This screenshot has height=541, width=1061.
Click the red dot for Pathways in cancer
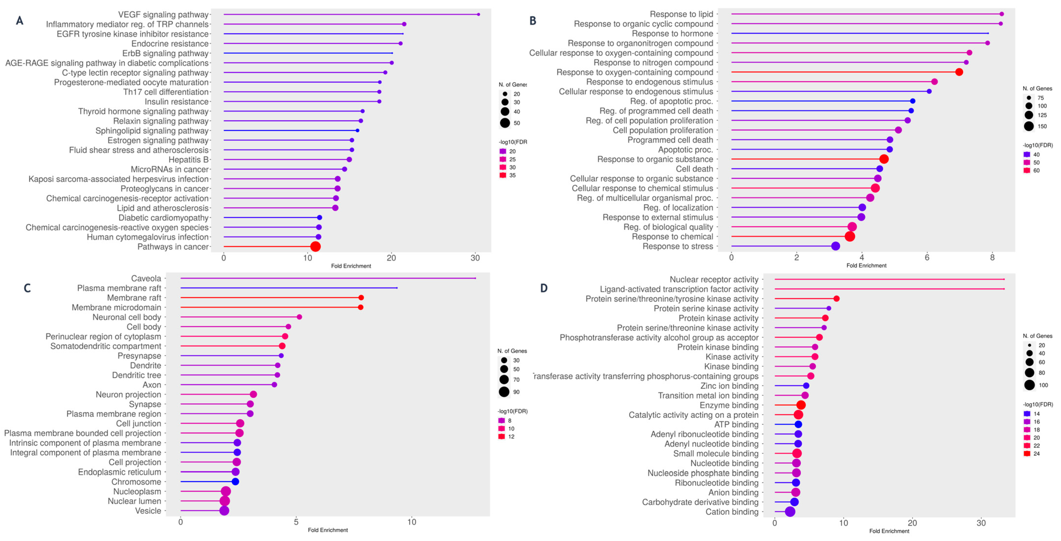315,247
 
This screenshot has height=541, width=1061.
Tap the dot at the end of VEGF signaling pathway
478,14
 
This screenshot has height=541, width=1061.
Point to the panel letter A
19,21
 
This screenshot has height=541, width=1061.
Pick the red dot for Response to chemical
850,236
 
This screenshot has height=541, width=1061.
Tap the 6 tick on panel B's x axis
927,258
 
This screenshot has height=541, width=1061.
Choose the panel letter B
532,21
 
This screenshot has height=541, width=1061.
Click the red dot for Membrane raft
361,298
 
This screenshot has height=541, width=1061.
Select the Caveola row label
146,278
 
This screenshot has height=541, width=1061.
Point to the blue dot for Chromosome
235,482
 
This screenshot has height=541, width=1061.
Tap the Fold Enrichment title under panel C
328,530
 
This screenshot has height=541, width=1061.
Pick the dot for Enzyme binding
801,405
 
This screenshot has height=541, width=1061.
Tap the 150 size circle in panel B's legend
1029,126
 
